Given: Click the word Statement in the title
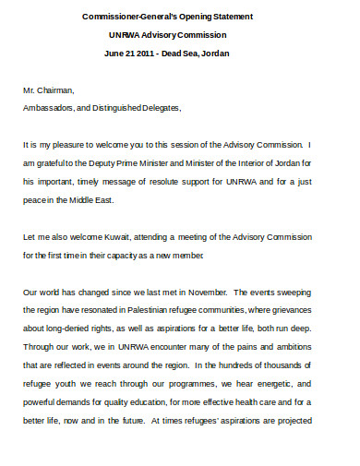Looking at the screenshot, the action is (229, 17).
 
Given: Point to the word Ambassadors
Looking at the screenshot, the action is (52, 108).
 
